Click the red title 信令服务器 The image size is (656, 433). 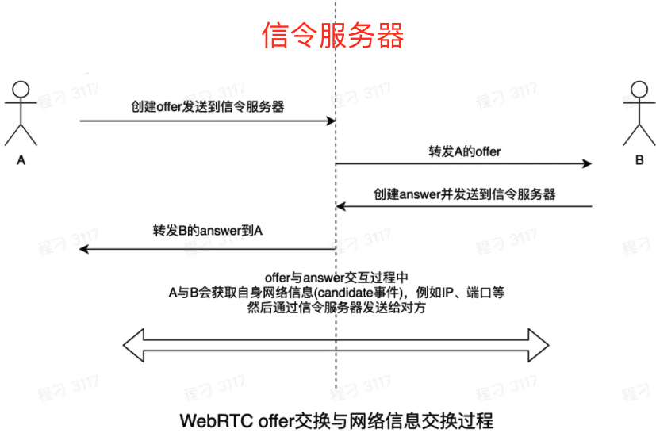click(333, 36)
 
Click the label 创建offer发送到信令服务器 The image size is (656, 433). click(208, 106)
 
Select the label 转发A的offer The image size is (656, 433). click(464, 150)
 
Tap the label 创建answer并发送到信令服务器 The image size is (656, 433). click(464, 194)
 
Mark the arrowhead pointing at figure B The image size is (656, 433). click(587, 163)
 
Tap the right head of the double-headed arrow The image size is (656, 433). click(539, 343)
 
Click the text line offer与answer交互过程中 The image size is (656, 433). click(336, 278)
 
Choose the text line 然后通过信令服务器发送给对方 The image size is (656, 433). click(336, 308)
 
